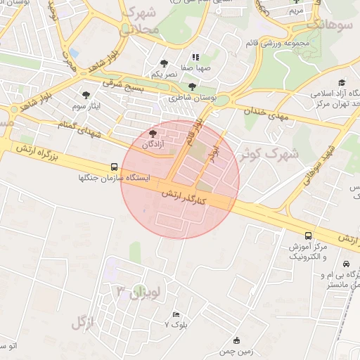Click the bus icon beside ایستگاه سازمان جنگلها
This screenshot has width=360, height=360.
(114, 167)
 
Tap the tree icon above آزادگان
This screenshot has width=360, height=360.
(153, 134)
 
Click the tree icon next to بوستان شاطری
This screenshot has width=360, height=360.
(192, 86)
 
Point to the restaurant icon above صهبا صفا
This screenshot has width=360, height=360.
(195, 57)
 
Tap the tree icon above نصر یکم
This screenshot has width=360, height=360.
(165, 63)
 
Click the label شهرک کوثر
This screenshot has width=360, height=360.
(270, 153)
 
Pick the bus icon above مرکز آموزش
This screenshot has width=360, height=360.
(308, 236)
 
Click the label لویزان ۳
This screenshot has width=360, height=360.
(139, 291)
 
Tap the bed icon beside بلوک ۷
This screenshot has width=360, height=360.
(175, 314)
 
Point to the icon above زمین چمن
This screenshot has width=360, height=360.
(236, 340)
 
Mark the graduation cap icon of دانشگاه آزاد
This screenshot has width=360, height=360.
(342, 82)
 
